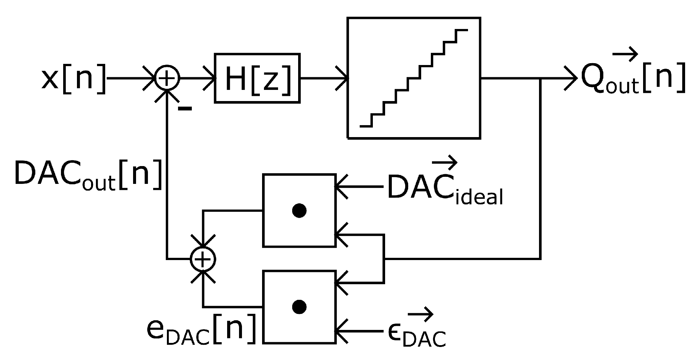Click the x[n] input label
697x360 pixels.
coord(73,79)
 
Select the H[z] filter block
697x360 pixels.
coord(257,78)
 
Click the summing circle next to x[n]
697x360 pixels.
coord(167,79)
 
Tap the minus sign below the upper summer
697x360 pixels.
coord(185,108)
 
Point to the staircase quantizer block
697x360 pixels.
coord(414,78)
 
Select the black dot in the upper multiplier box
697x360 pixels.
coord(299,211)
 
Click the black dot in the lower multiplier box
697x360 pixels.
coord(299,307)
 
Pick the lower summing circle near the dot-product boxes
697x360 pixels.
coord(203,259)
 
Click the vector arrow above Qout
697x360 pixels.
coord(625,56)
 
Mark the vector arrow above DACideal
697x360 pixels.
coord(445,162)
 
